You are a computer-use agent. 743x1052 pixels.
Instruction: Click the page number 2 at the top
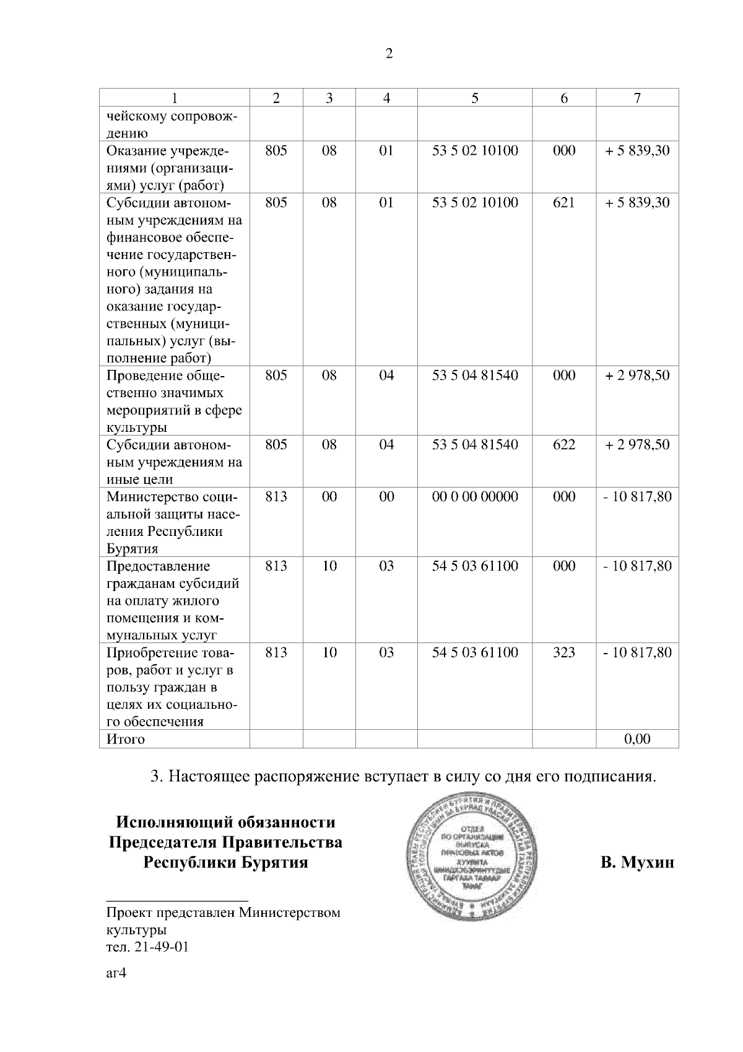389,54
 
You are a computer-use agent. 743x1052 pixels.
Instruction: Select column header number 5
475,98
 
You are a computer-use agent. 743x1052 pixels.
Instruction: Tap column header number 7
637,98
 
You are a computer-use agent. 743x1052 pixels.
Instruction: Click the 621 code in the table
563,203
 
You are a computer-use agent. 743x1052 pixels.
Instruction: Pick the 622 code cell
563,445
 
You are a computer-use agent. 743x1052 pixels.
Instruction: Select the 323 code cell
563,652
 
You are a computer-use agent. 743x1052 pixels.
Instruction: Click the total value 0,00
637,739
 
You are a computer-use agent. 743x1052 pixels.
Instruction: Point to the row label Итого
126,739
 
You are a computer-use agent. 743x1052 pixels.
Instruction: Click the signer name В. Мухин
637,862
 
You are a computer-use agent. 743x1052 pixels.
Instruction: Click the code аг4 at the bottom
116,973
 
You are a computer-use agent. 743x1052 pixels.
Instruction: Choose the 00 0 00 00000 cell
475,497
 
